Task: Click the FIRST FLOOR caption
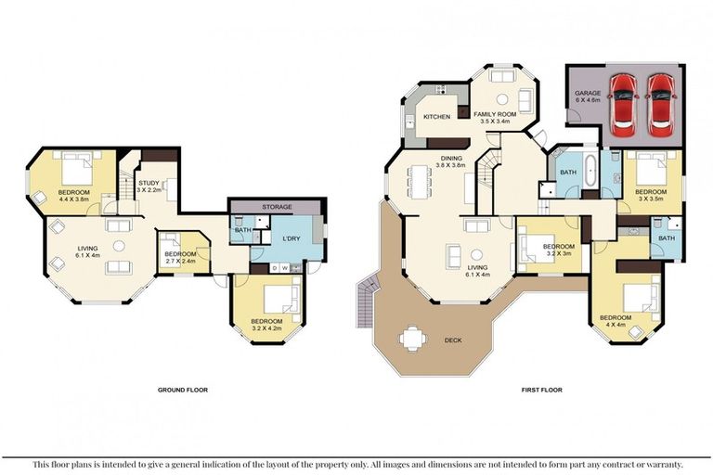[541, 391]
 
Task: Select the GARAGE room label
[586, 95]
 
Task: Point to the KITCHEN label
[437, 118]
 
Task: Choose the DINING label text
[451, 159]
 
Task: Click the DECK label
[454, 340]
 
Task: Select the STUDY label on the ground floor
[149, 184]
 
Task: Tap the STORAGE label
[277, 207]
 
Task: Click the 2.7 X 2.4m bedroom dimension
[179, 262]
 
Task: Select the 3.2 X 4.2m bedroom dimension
[266, 328]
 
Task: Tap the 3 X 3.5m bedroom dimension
[652, 199]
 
